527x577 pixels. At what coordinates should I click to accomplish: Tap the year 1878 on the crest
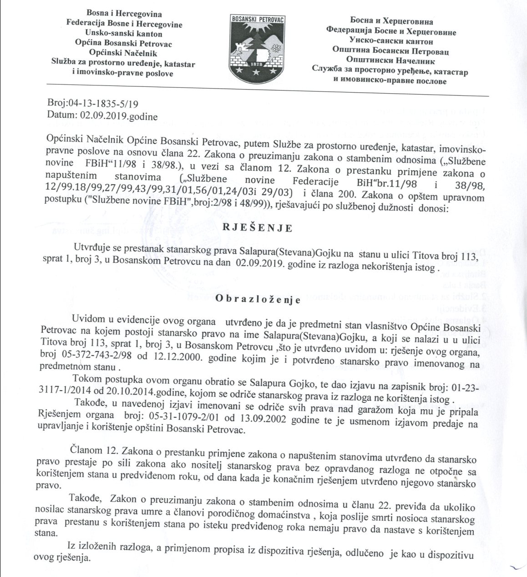(255, 64)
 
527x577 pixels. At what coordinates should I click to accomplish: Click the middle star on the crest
(255, 71)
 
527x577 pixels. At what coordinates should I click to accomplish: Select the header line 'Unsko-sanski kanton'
(123, 34)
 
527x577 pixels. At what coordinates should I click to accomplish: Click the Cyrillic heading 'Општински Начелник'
(390, 60)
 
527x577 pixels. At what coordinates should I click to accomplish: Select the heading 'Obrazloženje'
(258, 300)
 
